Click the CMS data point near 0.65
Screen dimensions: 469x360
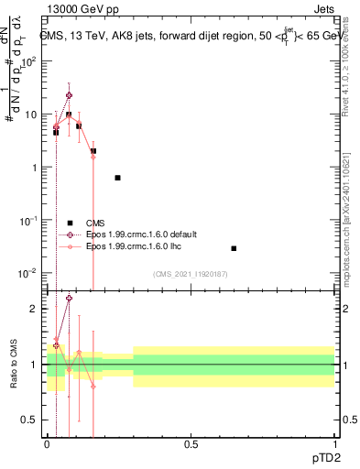[x=234, y=248]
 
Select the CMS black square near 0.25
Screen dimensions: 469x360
[x=117, y=178]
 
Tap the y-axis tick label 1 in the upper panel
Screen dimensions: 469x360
[x=37, y=168]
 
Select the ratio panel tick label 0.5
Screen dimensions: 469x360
[x=32, y=420]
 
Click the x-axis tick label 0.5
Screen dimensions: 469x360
[x=191, y=444]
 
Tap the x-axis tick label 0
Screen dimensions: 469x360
[x=47, y=444]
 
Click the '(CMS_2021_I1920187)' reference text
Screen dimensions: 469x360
[x=190, y=274]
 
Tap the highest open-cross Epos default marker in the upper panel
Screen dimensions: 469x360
[x=69, y=95]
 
